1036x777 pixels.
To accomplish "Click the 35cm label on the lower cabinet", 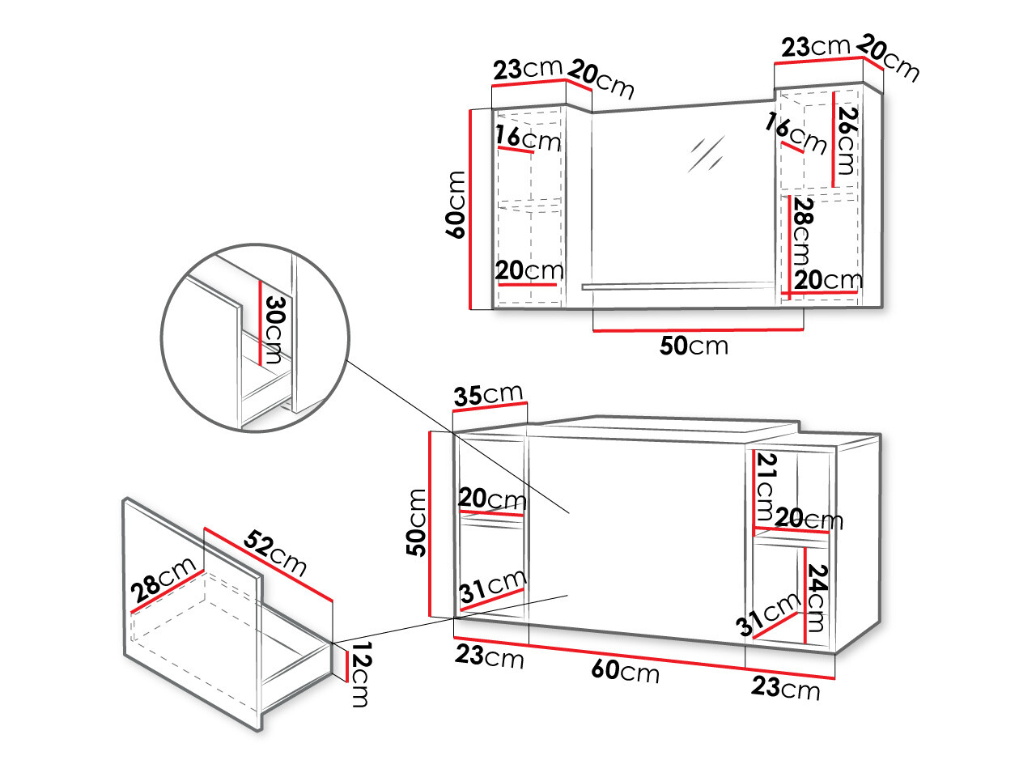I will (488, 395).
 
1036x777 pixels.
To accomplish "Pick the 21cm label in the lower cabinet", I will (766, 487).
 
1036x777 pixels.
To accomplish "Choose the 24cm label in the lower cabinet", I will (816, 597).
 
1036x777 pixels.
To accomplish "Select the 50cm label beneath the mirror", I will (694, 346).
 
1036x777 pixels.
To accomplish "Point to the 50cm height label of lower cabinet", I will (416, 522).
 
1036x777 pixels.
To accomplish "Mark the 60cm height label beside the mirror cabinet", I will (456, 204).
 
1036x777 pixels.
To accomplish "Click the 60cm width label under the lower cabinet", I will (625, 671).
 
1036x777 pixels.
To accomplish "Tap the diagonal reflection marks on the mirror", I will (706, 152).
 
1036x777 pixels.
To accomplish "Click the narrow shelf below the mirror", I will (678, 286).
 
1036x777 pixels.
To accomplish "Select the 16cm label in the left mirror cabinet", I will (528, 138).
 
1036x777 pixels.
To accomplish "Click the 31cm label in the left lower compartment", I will (493, 587).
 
